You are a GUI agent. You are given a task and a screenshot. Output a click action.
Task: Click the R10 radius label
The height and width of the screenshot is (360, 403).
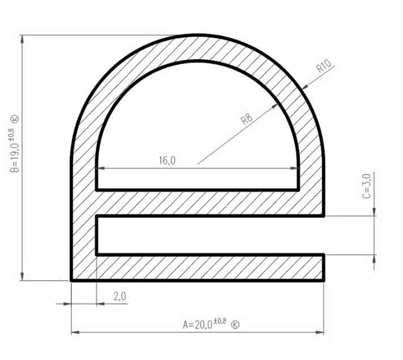[324, 67]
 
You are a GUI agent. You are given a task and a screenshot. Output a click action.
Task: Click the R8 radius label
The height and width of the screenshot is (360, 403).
[246, 119]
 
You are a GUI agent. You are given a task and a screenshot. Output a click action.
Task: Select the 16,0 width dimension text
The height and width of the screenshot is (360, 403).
[167, 161]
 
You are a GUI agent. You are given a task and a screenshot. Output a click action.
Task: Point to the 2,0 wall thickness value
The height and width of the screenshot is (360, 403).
[120, 296]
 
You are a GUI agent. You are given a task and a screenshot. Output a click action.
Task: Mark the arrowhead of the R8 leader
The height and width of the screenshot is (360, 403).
[279, 105]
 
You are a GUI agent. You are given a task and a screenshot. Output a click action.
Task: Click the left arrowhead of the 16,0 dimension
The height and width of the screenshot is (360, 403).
[100, 168]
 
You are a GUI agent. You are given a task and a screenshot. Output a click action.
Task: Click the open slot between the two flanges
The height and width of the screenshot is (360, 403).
[211, 235]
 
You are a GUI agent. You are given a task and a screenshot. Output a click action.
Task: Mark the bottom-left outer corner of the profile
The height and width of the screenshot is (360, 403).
[72, 280]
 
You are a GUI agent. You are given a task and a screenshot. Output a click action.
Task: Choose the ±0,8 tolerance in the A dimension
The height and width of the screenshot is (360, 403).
[221, 321]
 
